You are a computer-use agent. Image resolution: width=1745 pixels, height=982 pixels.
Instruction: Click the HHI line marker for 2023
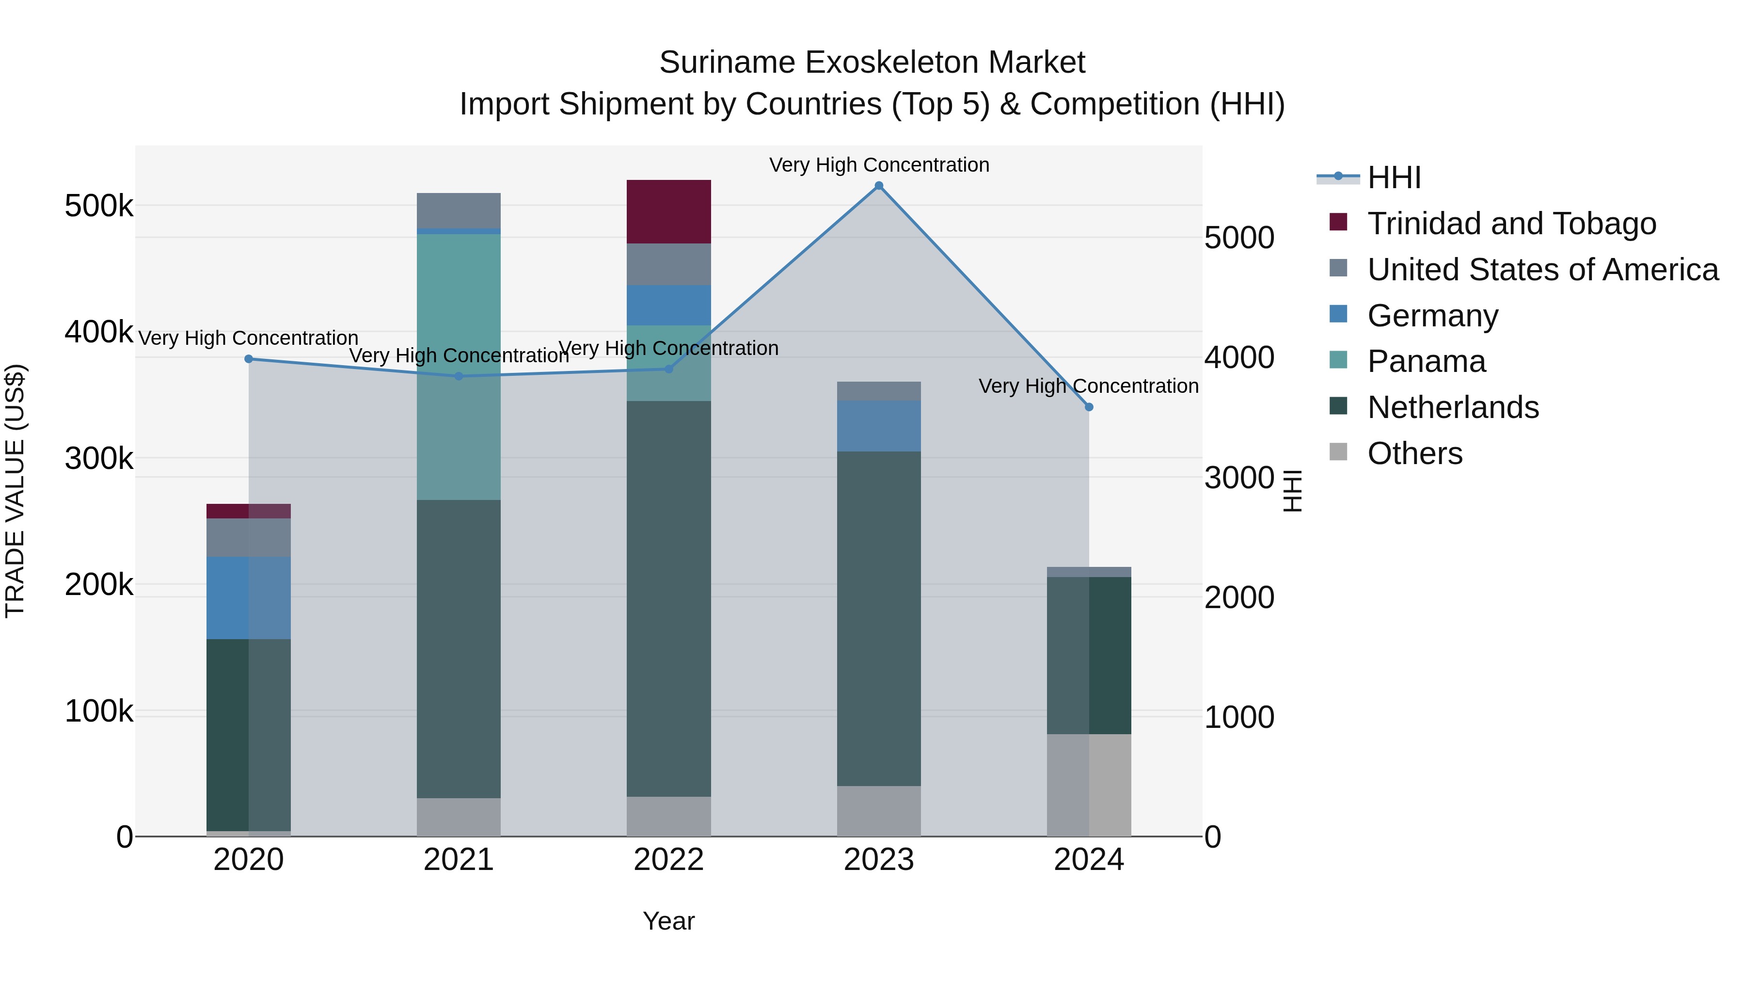(879, 186)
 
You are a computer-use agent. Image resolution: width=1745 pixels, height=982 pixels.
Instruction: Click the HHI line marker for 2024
(1089, 407)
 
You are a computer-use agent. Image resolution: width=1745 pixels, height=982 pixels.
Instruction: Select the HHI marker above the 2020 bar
(249, 359)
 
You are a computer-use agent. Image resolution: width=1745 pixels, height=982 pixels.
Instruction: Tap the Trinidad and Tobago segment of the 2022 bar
(668, 211)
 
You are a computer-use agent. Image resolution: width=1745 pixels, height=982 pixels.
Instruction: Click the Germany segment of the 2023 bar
(879, 426)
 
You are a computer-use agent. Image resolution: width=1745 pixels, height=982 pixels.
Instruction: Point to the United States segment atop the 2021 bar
(459, 211)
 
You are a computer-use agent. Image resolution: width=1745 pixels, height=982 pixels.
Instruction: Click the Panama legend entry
(1426, 361)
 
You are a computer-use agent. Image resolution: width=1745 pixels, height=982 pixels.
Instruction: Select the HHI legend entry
(1394, 177)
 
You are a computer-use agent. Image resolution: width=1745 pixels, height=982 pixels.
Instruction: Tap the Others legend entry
(1414, 453)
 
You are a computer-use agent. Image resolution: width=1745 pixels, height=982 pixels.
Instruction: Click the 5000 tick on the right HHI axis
(1239, 238)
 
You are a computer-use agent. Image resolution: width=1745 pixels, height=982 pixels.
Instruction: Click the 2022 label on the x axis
(668, 860)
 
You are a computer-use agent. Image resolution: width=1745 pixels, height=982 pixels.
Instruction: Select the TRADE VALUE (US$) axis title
(15, 491)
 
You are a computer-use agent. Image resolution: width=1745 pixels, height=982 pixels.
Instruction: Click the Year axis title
(668, 921)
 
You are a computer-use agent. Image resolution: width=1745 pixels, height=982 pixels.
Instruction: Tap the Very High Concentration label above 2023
(879, 165)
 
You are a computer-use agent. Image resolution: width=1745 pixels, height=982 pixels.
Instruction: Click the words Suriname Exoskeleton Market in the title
(872, 63)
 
